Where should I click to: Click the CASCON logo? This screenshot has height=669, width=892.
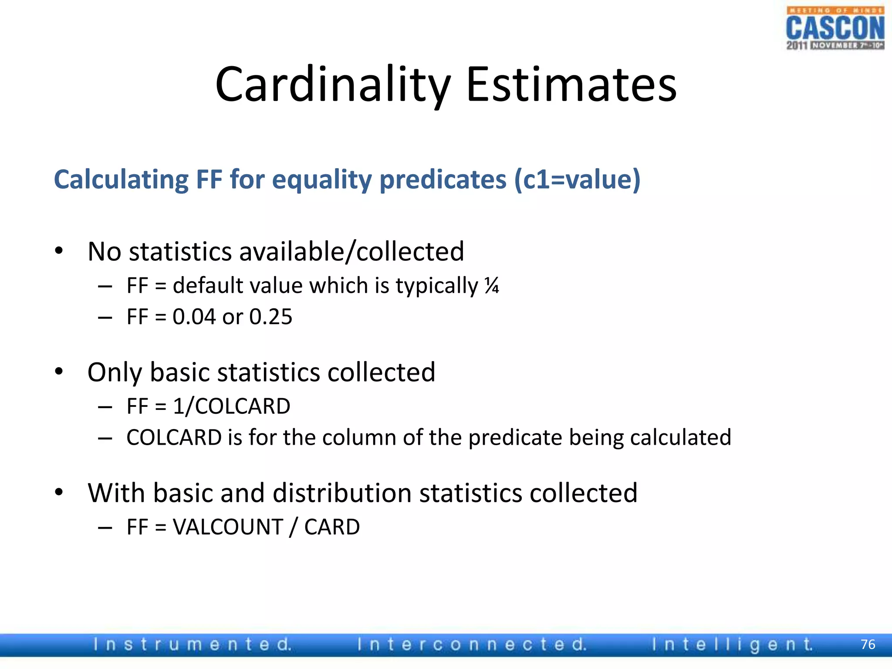pos(835,29)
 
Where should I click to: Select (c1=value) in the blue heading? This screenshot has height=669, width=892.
pos(577,179)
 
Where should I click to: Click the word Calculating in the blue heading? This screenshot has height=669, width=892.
pos(121,179)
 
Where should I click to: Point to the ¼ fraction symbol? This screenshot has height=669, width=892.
pos(492,286)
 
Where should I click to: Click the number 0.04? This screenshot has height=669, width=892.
pos(194,317)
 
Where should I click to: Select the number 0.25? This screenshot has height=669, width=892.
pos(270,317)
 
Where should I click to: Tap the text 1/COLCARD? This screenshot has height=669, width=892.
pos(231,406)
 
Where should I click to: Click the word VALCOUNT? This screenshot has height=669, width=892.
pos(228,527)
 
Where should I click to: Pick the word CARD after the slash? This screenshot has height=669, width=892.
pos(332,527)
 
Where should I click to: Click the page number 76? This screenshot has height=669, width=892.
pos(868,644)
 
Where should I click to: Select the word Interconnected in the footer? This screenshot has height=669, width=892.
pos(472,645)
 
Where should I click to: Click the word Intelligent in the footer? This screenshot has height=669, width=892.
pos(732,645)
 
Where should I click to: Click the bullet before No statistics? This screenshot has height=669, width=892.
pos(59,251)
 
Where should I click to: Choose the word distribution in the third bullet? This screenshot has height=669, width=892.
pos(342,493)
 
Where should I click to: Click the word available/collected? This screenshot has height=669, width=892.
pos(351,252)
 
